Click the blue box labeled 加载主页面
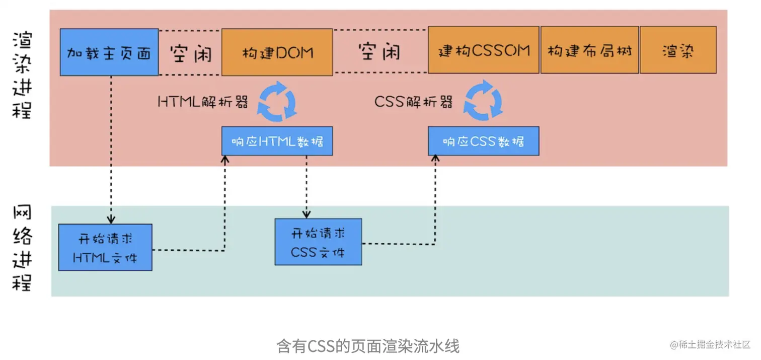click(109, 52)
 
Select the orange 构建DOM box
click(277, 52)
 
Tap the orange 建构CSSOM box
click(483, 50)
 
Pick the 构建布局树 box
click(589, 50)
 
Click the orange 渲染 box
click(678, 50)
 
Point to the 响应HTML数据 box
click(277, 141)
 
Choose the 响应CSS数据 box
click(483, 141)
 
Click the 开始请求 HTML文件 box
click(105, 247)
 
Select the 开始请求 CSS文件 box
click(318, 242)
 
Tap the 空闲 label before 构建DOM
click(190, 53)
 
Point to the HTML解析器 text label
click(203, 102)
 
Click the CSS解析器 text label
click(414, 102)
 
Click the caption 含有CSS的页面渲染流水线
click(368, 346)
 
